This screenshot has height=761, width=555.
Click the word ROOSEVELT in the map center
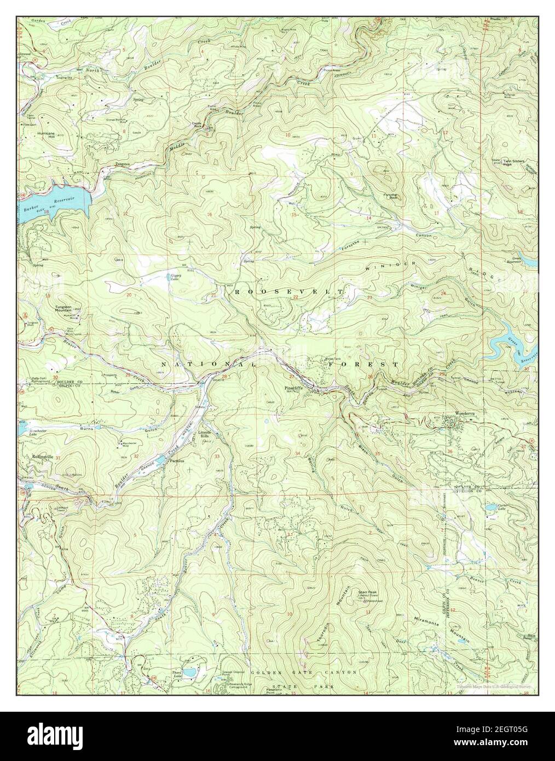[x=288, y=292]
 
